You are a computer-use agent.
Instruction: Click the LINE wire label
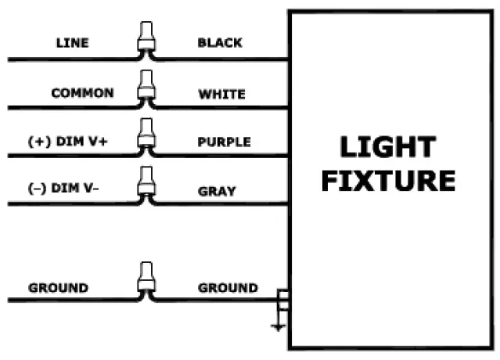pyautogui.click(x=72, y=42)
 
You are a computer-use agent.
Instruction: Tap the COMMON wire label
pyautogui.click(x=82, y=93)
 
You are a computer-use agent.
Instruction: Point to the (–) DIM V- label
pyautogui.click(x=71, y=191)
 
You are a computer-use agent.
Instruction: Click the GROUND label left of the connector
pyautogui.click(x=59, y=288)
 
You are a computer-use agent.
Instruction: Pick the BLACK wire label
pyautogui.click(x=220, y=42)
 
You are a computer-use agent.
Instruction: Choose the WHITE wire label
pyautogui.click(x=221, y=94)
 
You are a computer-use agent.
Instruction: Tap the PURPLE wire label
pyautogui.click(x=224, y=142)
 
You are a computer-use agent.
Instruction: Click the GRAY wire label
pyautogui.click(x=216, y=191)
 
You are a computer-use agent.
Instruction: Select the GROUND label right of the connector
pyautogui.click(x=228, y=288)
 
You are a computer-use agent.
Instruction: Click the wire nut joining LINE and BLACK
pyautogui.click(x=145, y=39)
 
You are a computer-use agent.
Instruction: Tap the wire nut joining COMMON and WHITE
pyautogui.click(x=145, y=88)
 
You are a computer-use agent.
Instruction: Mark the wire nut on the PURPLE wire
pyautogui.click(x=145, y=136)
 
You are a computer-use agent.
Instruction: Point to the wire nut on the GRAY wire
pyautogui.click(x=145, y=185)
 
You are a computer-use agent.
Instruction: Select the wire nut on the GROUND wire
pyautogui.click(x=145, y=282)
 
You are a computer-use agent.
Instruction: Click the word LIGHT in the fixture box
pyautogui.click(x=387, y=147)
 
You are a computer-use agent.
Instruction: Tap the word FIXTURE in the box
pyautogui.click(x=388, y=182)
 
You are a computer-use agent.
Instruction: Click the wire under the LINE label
pyautogui.click(x=70, y=59)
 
